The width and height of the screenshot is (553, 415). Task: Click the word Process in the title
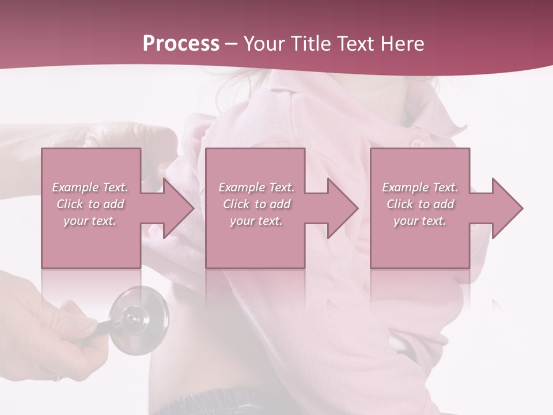coord(181,44)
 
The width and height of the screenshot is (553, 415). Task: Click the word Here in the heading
coord(403,44)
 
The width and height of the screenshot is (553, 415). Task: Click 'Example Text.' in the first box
coord(90,187)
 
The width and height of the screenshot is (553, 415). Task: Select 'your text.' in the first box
coord(90,221)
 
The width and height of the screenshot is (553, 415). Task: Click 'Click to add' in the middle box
coord(256,204)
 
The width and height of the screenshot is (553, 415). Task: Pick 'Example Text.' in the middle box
coord(256,187)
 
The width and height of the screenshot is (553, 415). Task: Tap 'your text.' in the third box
coord(420,221)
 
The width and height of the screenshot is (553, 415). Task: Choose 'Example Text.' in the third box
coord(420,187)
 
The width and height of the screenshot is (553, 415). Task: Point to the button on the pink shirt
coord(413,142)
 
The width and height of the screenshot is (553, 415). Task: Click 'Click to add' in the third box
coord(420,204)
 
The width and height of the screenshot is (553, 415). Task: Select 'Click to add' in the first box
coord(90,204)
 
